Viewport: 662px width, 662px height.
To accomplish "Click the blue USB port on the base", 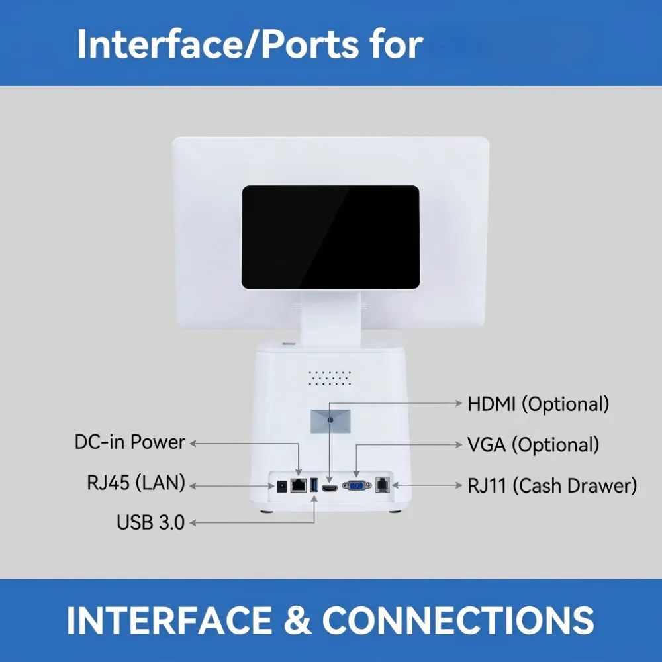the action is [314, 485].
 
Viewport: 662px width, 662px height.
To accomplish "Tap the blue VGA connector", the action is [357, 485].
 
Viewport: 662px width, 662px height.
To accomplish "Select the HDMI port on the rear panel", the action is [330, 489].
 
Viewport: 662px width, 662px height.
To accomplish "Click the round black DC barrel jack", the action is [281, 487].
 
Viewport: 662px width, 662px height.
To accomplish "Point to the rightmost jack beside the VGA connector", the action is [382, 485].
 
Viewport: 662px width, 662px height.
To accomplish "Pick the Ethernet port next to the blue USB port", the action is [299, 485].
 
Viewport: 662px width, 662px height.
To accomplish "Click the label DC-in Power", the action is [130, 442].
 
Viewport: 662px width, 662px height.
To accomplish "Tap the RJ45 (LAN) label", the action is [136, 483].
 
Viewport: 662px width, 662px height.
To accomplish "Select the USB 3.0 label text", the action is [151, 522].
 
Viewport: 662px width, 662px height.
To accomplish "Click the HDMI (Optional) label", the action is [538, 404].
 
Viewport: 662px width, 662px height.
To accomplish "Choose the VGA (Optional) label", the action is [533, 445].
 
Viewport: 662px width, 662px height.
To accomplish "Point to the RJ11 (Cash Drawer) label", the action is [552, 485].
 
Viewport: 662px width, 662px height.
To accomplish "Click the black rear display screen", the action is [330, 237].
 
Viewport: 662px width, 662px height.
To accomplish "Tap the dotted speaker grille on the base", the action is [330, 378].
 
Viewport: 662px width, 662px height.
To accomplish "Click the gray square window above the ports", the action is [330, 421].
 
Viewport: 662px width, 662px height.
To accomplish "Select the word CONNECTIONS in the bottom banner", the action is [458, 620].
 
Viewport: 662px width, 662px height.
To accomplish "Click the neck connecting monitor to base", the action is [330, 319].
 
